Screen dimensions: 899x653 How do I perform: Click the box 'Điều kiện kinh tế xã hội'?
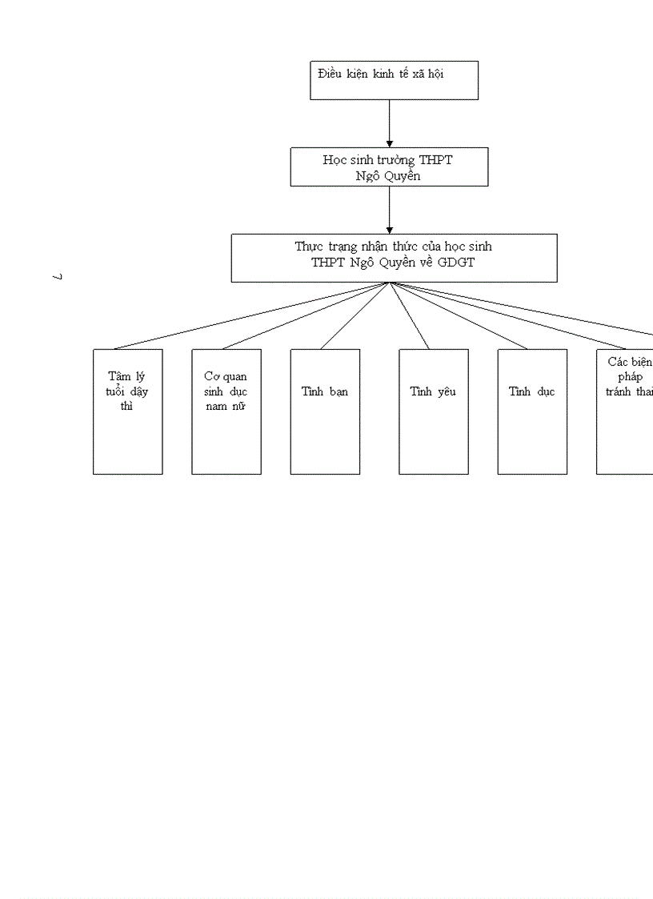[x=394, y=80]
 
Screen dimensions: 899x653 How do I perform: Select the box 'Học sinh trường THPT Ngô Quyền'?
[x=389, y=167]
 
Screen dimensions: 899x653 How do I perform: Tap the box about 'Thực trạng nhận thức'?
[x=394, y=258]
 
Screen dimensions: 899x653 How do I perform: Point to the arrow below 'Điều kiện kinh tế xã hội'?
[x=390, y=123]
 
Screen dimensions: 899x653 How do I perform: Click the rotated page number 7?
[x=58, y=277]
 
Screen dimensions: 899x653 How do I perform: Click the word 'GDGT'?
[x=456, y=262]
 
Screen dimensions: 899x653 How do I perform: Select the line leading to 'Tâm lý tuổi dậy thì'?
[x=252, y=315]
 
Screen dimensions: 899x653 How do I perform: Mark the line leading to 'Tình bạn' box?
[x=355, y=315]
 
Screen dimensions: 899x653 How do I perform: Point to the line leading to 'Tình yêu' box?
[x=410, y=315]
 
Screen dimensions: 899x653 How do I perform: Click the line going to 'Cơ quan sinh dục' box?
[x=306, y=315]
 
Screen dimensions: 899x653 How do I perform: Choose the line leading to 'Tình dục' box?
[x=459, y=315]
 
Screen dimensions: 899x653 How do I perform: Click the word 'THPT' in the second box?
[x=435, y=160]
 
